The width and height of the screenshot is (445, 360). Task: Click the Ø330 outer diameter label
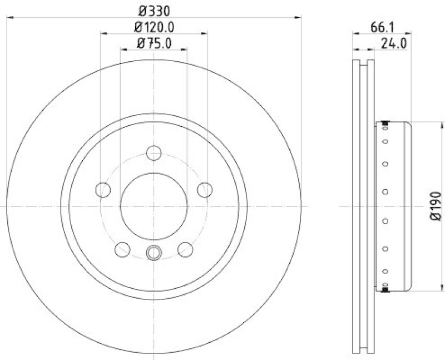[x=154, y=10]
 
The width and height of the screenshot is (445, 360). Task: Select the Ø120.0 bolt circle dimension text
[x=154, y=26]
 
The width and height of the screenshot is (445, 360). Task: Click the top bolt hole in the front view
[x=154, y=152]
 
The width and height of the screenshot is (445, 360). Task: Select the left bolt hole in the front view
[x=103, y=190]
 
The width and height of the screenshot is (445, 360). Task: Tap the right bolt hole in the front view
[x=205, y=190]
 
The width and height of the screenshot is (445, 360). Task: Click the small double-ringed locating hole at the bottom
[x=154, y=253]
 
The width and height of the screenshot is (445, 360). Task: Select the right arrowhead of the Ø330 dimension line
[x=299, y=18]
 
